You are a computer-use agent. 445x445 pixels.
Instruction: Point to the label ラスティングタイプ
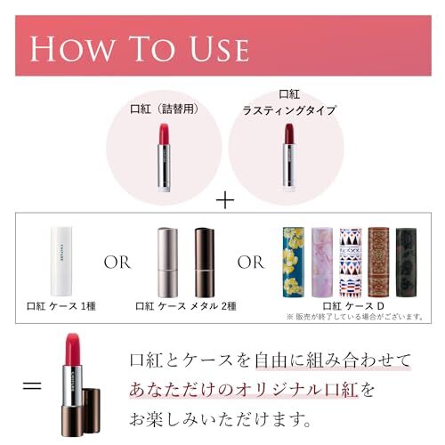click(288, 110)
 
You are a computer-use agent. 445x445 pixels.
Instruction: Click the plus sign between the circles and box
click(224, 202)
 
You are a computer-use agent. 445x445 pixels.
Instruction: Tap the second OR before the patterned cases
click(250, 263)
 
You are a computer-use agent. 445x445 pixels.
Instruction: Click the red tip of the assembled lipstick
click(75, 345)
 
